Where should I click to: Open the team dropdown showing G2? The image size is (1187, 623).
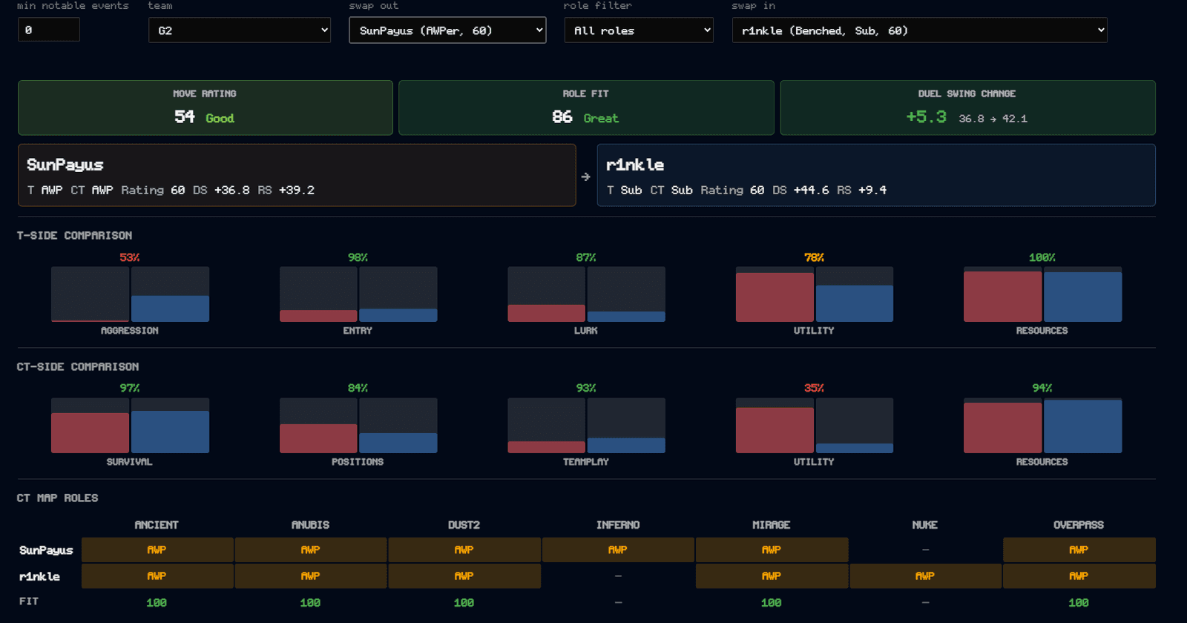click(240, 30)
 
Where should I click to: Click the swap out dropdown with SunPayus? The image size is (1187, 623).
click(447, 30)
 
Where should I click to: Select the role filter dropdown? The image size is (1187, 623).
click(639, 30)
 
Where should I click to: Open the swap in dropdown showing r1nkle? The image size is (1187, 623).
click(919, 30)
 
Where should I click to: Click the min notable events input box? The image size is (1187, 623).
click(49, 30)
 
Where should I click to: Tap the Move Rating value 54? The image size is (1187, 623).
click(185, 116)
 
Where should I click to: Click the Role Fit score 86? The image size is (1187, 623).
click(562, 116)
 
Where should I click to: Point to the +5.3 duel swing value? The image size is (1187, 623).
click(927, 116)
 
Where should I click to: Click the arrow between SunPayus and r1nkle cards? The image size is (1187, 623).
click(585, 177)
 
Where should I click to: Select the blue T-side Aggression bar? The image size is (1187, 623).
click(170, 309)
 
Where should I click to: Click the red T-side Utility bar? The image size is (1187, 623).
click(775, 297)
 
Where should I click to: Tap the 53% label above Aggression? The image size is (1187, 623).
click(129, 257)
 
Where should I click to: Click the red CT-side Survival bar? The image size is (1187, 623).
click(90, 433)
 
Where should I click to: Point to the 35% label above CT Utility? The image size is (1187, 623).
click(814, 389)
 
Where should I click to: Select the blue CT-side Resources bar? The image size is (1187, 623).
click(1082, 426)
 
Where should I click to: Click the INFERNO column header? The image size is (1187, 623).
click(618, 525)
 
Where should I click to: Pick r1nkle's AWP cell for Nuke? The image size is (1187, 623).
click(925, 576)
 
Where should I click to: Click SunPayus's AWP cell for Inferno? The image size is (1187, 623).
click(618, 550)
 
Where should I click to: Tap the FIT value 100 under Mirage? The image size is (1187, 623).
click(771, 602)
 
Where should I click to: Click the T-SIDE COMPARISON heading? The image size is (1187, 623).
click(75, 235)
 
